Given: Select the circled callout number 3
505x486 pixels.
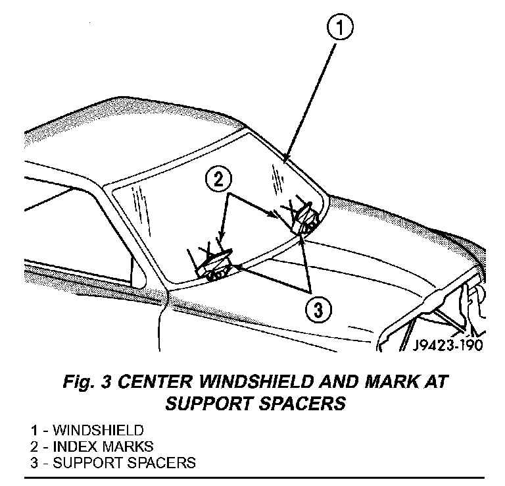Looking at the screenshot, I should coord(318,309).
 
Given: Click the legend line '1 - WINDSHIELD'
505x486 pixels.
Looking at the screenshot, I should coord(86,431).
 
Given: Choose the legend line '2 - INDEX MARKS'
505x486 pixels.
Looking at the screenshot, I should coord(92,446).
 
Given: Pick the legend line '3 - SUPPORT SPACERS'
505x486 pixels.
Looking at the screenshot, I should coord(112,462).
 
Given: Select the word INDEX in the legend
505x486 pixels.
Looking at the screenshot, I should coord(74,446).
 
